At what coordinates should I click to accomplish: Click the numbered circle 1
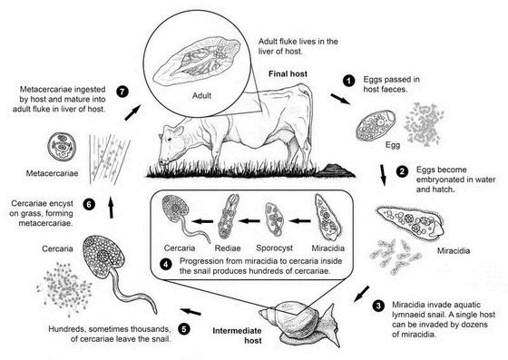coord(348,81)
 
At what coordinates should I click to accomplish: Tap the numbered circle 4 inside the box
coord(165,264)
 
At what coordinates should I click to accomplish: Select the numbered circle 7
coord(122,92)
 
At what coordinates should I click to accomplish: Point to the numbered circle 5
coord(183,329)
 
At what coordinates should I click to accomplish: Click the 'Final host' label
coord(288,73)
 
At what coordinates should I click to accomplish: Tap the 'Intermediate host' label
coord(238,336)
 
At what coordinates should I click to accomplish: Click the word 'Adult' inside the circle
coord(201,95)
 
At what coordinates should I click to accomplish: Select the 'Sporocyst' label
coord(274,248)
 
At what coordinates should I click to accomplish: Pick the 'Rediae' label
coord(228,248)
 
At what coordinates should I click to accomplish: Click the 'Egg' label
coord(393,145)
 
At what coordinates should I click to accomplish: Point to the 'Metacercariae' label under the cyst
coord(53,173)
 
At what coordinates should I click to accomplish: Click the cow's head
coord(171,143)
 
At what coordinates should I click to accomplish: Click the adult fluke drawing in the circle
coord(197,61)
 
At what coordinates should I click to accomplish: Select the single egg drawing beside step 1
coord(376,125)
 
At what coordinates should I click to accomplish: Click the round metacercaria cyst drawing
coord(62,146)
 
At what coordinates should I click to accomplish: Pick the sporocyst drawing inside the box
coord(274,219)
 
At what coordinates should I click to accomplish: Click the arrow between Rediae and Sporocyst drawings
coord(249,221)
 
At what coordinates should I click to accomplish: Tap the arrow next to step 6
coord(111,208)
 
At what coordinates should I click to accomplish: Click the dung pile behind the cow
coord(336,170)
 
